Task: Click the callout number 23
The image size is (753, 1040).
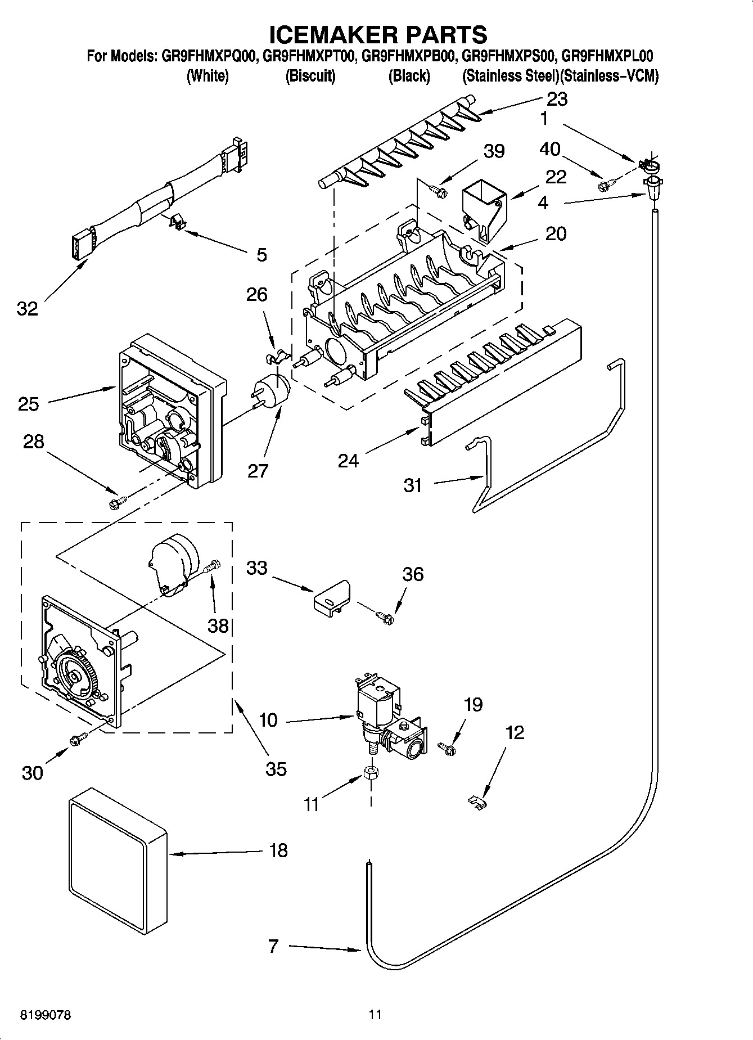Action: pos(557,99)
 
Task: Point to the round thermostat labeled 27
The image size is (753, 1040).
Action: pos(274,390)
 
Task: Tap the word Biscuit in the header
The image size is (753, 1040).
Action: pos(310,76)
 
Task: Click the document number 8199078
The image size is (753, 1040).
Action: pos(46,1015)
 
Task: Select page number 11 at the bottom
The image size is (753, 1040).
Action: pos(375,1015)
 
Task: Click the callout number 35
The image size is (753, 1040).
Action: pos(276,768)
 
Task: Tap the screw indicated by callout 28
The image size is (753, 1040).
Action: pos(118,500)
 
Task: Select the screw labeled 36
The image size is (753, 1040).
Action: pos(386,618)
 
